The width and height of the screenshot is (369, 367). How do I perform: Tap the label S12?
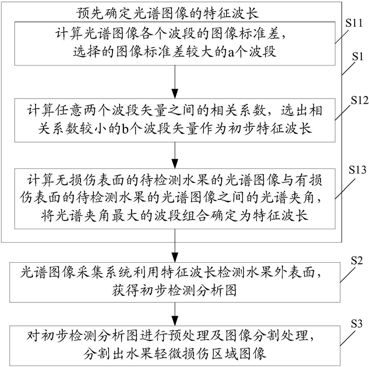[x=355, y=101]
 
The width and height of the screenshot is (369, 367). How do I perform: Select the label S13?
[x=354, y=170]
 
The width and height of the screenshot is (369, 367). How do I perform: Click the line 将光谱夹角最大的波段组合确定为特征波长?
[x=175, y=215]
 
